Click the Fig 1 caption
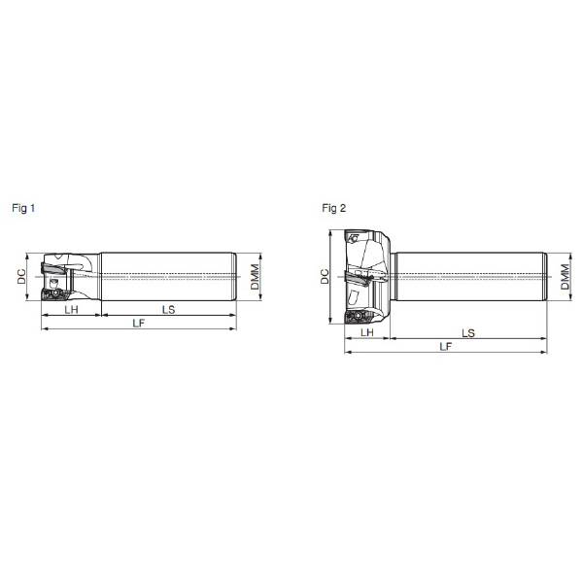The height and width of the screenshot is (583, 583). tap(23, 208)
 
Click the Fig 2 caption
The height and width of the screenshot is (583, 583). tap(334, 208)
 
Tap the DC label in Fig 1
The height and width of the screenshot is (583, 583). tap(22, 276)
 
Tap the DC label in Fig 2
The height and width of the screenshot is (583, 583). tap(325, 276)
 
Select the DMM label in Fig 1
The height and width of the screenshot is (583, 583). tap(255, 277)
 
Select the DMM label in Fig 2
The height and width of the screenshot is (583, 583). tap(565, 277)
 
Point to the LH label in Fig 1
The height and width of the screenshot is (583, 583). tap(71, 309)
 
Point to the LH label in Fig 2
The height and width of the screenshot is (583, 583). tap(367, 332)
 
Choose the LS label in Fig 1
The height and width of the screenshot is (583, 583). tap(168, 309)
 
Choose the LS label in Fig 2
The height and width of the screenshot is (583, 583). tap(468, 332)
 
